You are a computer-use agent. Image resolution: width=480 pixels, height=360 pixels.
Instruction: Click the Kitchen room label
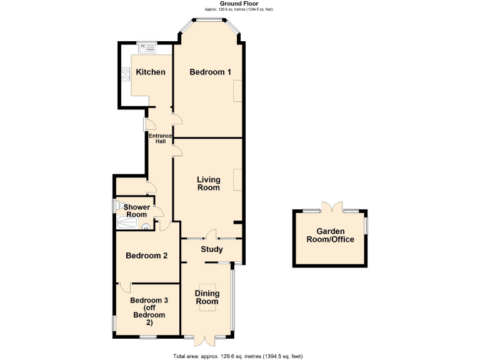(151, 72)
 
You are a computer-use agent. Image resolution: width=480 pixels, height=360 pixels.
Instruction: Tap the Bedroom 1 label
(210, 72)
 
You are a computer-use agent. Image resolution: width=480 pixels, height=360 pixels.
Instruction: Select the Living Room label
(208, 184)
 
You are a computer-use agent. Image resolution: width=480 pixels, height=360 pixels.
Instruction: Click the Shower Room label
(136, 211)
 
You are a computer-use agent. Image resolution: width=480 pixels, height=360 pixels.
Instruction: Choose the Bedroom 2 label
(146, 255)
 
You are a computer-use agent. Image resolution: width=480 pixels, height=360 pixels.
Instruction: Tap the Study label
(211, 249)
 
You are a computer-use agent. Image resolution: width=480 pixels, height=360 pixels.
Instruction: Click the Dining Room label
(207, 297)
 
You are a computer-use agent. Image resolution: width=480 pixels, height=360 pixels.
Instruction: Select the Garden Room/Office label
(330, 236)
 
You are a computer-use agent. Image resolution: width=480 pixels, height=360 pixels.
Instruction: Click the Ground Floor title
(239, 4)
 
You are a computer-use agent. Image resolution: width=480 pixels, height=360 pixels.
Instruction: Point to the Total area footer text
(237, 356)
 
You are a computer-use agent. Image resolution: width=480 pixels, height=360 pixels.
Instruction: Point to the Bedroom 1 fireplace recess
(237, 92)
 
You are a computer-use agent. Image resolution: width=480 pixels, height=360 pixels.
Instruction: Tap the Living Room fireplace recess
(237, 179)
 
